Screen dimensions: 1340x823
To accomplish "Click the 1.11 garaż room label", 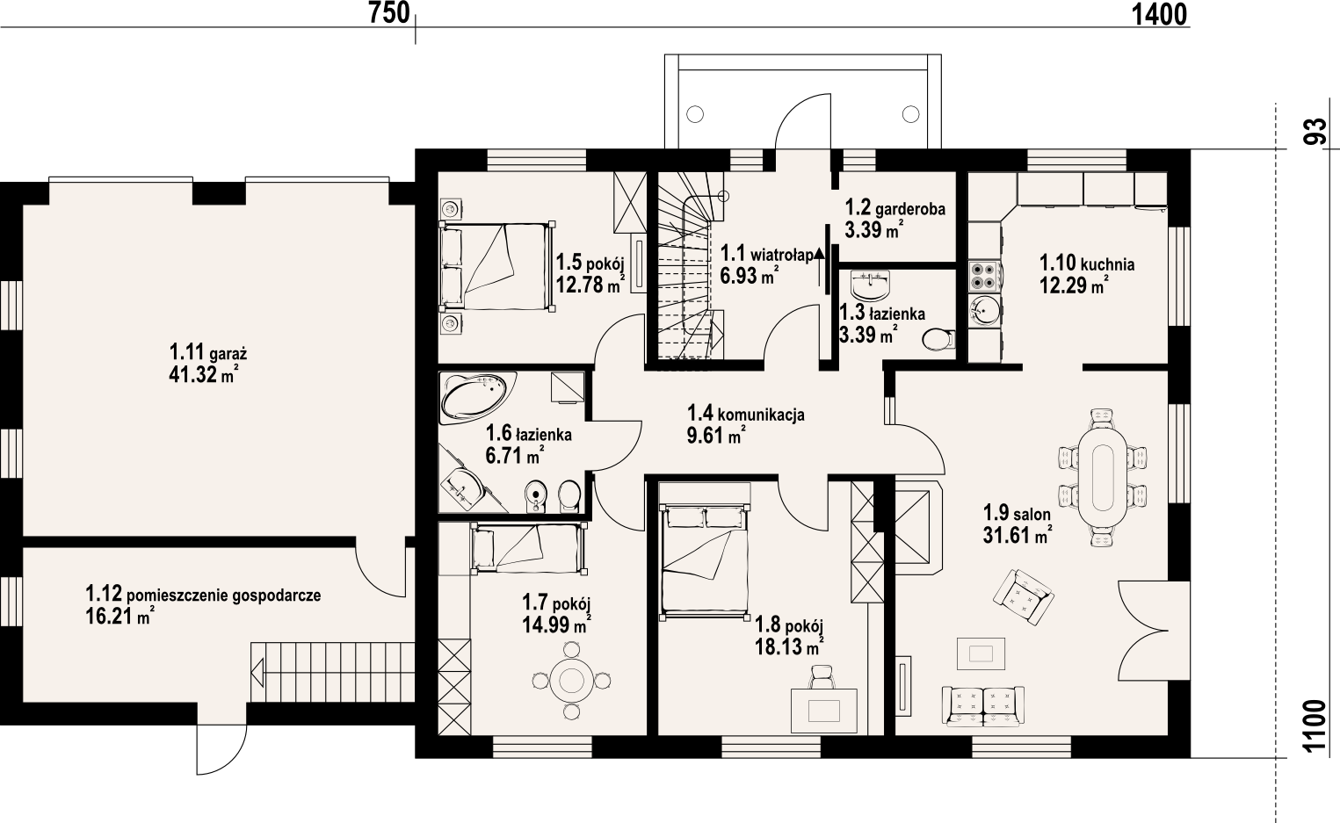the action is tap(208, 352).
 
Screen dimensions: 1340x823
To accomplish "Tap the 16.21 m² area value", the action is tap(120, 616).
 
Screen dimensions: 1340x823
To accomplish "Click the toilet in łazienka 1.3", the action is tap(938, 339).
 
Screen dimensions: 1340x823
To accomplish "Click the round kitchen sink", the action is tap(984, 311).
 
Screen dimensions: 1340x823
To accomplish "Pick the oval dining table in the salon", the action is tap(1103, 476).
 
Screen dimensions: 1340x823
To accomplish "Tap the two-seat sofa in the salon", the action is tap(982, 706).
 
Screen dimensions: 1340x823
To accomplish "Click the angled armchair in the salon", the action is tap(1024, 597).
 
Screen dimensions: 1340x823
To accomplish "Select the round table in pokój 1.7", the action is tap(571, 680).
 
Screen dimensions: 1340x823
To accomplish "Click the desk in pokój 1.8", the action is tap(823, 711).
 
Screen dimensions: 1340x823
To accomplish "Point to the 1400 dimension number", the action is tap(1159, 14).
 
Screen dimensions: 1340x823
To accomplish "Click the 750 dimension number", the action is tap(389, 13).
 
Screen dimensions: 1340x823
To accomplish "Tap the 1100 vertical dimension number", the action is tap(1315, 726).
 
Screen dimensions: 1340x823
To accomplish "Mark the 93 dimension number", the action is tap(1315, 132).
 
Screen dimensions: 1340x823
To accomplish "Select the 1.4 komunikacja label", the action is tap(745, 414).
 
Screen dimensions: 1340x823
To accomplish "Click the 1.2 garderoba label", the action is tap(895, 208).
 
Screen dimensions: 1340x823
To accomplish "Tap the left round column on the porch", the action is tap(694, 113).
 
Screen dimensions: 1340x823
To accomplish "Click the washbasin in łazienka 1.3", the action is tap(871, 285).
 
